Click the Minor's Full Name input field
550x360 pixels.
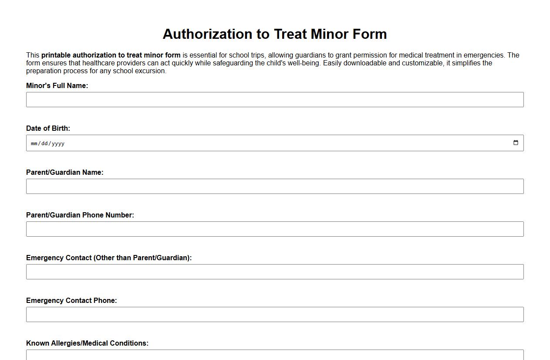(x=274, y=99)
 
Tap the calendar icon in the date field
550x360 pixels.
(x=516, y=143)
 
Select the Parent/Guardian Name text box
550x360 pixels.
(x=274, y=186)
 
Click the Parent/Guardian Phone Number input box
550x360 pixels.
(x=274, y=229)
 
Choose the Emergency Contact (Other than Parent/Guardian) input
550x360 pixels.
(x=274, y=272)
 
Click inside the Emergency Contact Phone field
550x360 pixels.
(x=274, y=314)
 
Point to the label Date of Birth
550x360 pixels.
(x=48, y=128)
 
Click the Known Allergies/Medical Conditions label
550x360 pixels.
(x=87, y=343)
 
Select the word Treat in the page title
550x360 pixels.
(x=291, y=34)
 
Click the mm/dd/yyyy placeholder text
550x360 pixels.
(x=47, y=143)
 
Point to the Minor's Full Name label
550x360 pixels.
(x=57, y=85)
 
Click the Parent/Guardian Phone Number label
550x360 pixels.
(x=80, y=215)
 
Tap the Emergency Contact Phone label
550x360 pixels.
(x=71, y=300)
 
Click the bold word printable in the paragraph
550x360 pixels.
(x=56, y=55)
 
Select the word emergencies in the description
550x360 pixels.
(x=484, y=55)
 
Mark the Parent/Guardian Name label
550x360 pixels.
(x=65, y=172)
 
